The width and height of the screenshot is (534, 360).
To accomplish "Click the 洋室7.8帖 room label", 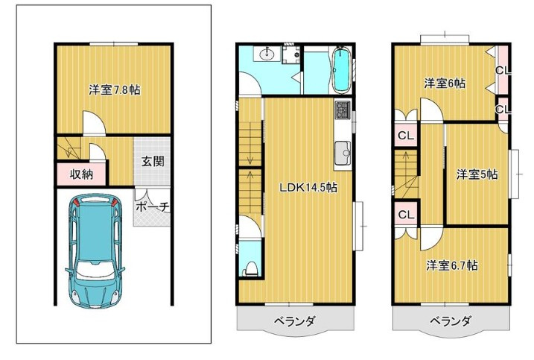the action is pos(115,90).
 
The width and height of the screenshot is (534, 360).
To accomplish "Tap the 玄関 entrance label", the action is pos(153,161).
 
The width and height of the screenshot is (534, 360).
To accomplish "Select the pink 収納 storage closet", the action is pos(82,174).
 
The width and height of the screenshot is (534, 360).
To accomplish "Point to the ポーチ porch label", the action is pos(153,206).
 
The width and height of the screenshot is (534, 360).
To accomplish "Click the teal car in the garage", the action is pos(95,251).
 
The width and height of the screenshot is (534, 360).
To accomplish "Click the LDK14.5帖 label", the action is pos(308,187).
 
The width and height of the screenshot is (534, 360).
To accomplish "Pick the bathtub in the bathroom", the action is pos(342,69).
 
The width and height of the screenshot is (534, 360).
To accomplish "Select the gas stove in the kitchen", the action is pos(343,110).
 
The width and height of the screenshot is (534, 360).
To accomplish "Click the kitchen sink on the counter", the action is pos(343,153).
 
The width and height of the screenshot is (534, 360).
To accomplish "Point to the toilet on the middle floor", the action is pos(250,268).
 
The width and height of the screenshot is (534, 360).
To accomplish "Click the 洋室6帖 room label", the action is pos(445,83).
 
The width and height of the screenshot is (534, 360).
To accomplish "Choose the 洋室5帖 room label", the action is pos(477,174).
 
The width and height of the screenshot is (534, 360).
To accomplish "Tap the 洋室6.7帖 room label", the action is pos(452,265).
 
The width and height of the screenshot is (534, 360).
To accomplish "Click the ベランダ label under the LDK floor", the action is pos(295,320).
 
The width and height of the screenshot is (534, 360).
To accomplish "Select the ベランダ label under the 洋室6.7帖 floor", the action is pos(451,320).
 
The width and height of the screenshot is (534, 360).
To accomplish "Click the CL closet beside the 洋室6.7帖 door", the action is pos(406,215).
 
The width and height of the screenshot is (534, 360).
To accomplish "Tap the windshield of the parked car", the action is pos(95,272).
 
